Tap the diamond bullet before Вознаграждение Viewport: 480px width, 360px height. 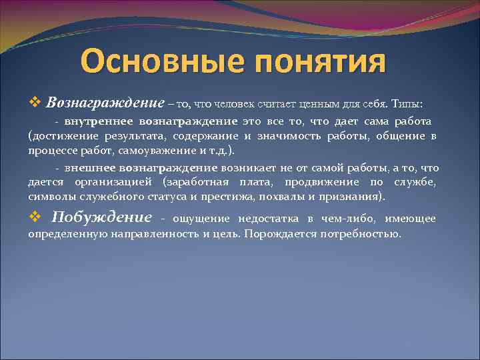point(35,103)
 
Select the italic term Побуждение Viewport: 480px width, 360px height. point(102,217)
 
